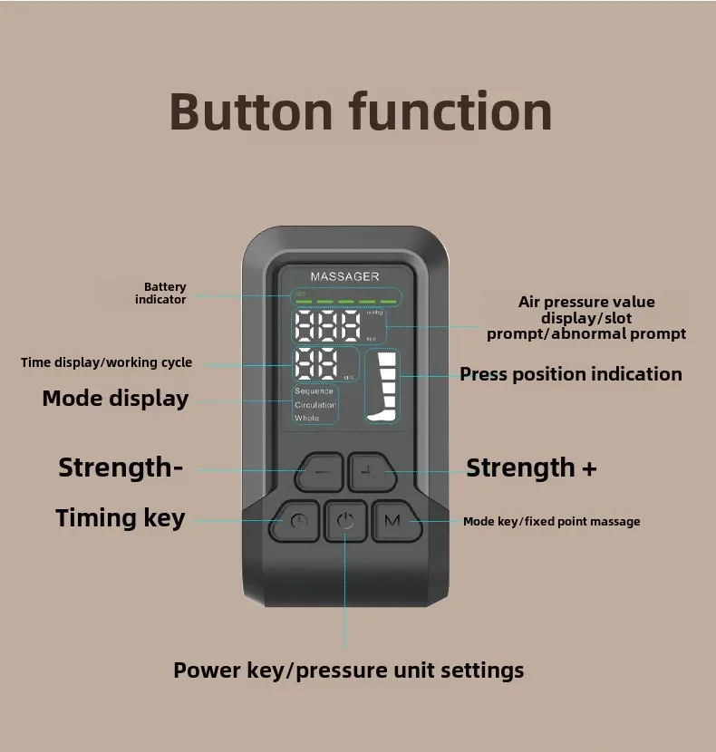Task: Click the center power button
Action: point(345,520)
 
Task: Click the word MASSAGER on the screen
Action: point(344,276)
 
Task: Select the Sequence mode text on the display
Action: point(314,391)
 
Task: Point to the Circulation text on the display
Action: point(315,405)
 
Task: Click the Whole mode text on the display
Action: point(307,418)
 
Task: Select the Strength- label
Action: point(121,468)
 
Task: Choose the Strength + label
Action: point(531,468)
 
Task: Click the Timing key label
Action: point(121,518)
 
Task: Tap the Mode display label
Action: point(115,399)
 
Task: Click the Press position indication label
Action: point(571,374)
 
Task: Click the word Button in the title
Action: point(251,111)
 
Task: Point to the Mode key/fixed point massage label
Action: point(551,521)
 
